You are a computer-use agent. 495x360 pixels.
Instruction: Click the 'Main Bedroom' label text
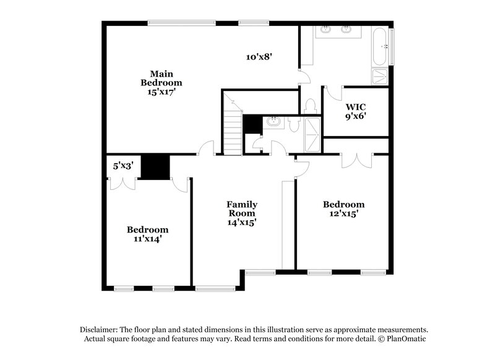pos(161,77)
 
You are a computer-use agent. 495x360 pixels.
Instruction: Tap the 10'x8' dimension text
pos(259,56)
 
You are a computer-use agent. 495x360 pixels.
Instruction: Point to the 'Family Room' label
pos(241,208)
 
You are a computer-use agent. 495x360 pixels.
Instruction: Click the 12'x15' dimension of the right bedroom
pos(344,213)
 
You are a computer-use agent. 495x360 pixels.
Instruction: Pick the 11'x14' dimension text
pos(148,238)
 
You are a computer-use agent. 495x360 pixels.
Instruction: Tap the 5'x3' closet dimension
pos(123,166)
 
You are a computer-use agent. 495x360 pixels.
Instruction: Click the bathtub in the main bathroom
pos(381,46)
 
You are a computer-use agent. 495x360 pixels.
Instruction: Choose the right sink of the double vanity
pos(346,29)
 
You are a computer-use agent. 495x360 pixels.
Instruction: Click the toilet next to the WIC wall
pos(310,107)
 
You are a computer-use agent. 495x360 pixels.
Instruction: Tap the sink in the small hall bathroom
pos(273,122)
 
